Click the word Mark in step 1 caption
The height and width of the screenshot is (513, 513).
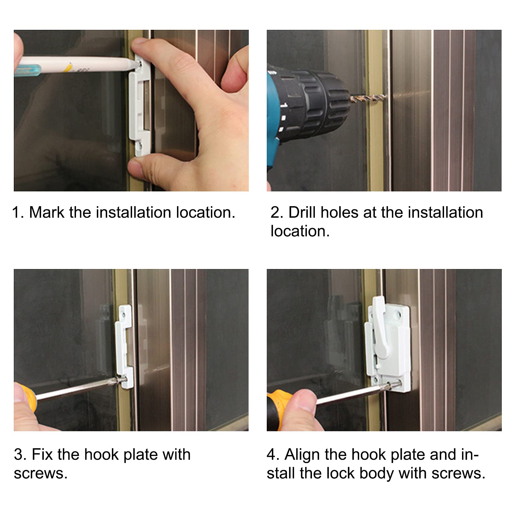(47, 212)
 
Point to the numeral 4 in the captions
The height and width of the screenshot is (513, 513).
(272, 455)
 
